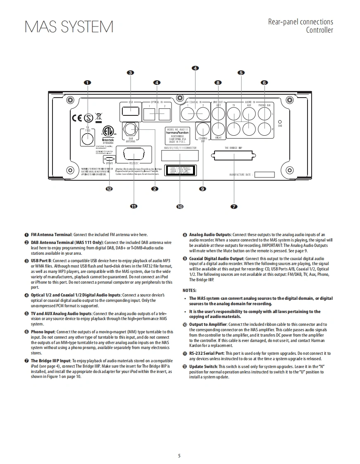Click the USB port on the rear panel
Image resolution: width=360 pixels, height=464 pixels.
[x=131, y=111]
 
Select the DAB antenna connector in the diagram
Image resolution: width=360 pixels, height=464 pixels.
[x=131, y=129]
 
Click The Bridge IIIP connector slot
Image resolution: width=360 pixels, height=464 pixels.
[x=234, y=156]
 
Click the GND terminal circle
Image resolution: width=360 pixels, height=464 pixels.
[x=280, y=121]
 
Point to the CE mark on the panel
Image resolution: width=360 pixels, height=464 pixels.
[x=78, y=118]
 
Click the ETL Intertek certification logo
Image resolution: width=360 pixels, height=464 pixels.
[x=108, y=133]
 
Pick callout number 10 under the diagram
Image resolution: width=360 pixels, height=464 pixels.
[x=180, y=206]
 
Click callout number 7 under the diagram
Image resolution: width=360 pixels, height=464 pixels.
[x=234, y=206]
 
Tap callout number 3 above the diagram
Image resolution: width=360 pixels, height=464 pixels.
[x=131, y=73]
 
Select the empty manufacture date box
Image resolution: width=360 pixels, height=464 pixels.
[x=265, y=175]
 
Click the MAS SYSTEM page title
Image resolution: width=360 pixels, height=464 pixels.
[x=69, y=27]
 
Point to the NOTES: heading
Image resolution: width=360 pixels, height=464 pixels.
[x=190, y=291]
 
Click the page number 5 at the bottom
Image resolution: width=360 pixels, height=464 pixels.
[x=179, y=456]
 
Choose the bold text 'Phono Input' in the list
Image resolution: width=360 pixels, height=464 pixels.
[x=43, y=332]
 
